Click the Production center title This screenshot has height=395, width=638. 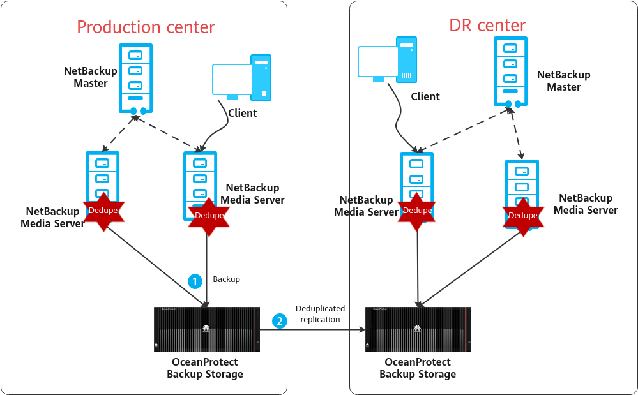pyautogui.click(x=146, y=27)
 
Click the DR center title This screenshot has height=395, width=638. pyautogui.click(x=487, y=26)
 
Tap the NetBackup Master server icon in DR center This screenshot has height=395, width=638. pyautogui.click(x=511, y=71)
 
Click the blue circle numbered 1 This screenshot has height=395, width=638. pyautogui.click(x=195, y=280)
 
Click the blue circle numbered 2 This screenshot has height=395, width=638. pyautogui.click(x=279, y=321)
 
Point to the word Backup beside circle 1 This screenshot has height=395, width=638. pyautogui.click(x=226, y=279)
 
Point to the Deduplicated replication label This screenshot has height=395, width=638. pyautogui.click(x=320, y=314)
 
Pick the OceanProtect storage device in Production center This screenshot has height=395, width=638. pyautogui.click(x=207, y=329)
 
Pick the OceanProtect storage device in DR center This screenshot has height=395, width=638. pyautogui.click(x=418, y=329)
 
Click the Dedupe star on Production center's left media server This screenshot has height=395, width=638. pyautogui.click(x=103, y=211)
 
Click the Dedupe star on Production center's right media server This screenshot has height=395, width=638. pyautogui.click(x=209, y=216)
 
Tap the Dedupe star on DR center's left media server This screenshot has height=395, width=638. pyautogui.click(x=417, y=211)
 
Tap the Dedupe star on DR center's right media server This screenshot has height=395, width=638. pyautogui.click(x=522, y=216)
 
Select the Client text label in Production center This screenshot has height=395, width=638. pyautogui.click(x=243, y=113)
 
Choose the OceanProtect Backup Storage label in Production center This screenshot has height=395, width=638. pyautogui.click(x=205, y=368)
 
